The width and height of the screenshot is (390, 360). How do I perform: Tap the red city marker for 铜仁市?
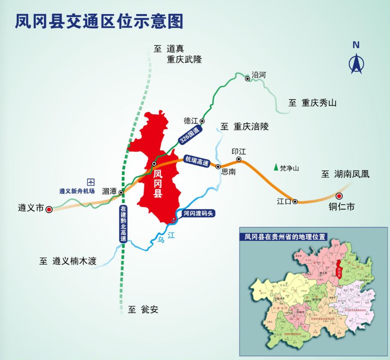[x=339, y=196]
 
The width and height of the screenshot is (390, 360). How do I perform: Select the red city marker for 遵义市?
[x=49, y=209]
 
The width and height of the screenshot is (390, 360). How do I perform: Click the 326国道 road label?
[x=190, y=134]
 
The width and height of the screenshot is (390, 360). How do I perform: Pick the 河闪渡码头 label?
[x=198, y=213]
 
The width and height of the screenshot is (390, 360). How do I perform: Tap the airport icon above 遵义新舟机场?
[x=90, y=182]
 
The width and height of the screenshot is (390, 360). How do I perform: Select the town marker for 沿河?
[x=247, y=78]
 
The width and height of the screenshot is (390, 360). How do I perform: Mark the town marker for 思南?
[x=218, y=167]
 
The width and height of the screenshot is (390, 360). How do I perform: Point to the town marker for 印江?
[x=239, y=159]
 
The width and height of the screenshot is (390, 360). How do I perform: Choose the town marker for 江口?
[x=295, y=201]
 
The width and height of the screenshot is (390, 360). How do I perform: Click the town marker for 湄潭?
[x=121, y=193]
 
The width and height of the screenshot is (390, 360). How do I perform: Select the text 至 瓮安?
[x=143, y=309]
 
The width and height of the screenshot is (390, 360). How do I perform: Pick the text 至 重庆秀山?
[x=313, y=103]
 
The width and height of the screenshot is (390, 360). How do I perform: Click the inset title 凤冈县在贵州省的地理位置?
[x=285, y=237]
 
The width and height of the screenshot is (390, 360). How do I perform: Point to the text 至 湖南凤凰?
[x=345, y=174]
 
